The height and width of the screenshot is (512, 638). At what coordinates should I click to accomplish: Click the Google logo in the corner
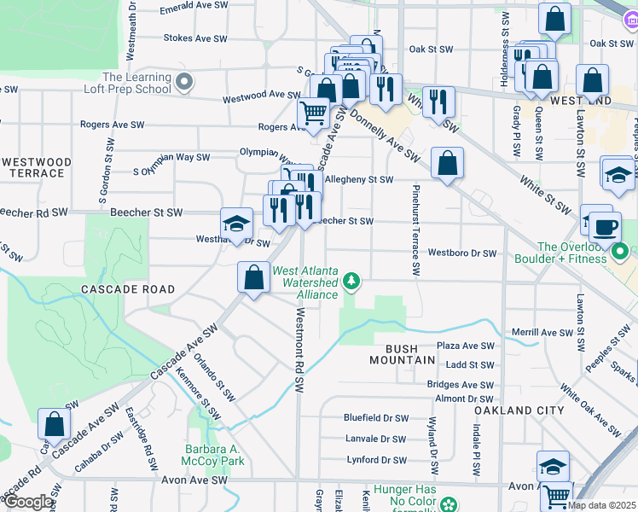(27, 502)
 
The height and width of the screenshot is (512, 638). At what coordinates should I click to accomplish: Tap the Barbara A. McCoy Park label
(215, 455)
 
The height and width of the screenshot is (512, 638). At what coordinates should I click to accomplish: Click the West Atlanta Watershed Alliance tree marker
(351, 280)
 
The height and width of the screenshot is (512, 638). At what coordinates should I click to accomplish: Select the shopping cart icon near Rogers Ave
(313, 112)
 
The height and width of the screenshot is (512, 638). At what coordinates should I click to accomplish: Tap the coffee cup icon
(605, 228)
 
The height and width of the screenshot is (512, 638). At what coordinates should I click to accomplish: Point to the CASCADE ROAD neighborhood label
(128, 289)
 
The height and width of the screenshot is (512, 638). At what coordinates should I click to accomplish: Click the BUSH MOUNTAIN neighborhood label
(403, 354)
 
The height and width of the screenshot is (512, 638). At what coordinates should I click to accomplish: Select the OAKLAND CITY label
(519, 410)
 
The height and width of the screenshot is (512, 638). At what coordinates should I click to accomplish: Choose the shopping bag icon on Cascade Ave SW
(252, 277)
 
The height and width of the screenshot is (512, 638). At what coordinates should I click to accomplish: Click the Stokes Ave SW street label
(195, 38)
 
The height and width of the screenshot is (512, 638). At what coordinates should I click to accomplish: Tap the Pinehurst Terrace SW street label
(416, 230)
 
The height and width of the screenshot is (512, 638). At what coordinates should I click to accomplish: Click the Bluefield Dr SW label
(375, 418)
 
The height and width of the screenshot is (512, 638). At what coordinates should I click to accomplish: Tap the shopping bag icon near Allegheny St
(446, 163)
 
